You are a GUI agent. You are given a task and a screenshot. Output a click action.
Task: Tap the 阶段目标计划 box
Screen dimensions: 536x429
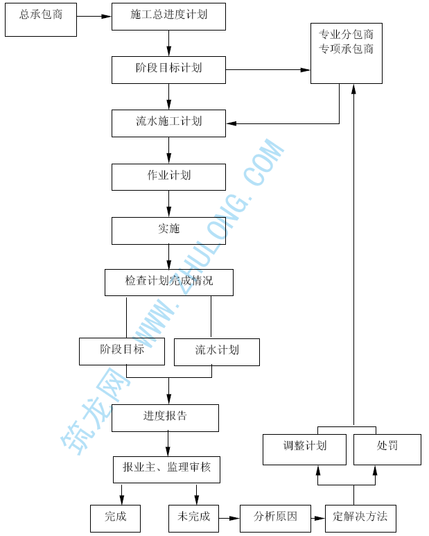coord(168,69)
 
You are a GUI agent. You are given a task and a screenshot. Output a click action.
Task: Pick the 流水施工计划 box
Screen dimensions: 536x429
coord(168,123)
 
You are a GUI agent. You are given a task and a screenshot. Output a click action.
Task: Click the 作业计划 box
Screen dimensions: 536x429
coord(168,176)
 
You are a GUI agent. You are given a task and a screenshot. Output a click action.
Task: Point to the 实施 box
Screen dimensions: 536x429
coord(168,230)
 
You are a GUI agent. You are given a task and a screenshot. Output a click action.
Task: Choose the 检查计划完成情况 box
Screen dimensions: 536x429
coord(168,282)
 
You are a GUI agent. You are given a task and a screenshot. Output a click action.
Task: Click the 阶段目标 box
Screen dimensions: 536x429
coord(122,351)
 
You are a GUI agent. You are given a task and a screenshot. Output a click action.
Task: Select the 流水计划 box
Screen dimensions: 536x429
coord(216,352)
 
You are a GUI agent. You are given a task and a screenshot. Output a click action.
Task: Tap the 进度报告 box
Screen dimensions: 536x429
coord(165,417)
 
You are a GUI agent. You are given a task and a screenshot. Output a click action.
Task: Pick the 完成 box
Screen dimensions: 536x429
coord(115,518)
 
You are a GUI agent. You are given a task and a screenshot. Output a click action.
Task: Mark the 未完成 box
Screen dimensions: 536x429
coord(193,518)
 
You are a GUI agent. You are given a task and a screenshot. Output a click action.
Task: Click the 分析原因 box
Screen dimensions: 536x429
coord(275,518)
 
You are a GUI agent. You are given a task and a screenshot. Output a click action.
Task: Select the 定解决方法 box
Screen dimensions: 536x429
coord(360,518)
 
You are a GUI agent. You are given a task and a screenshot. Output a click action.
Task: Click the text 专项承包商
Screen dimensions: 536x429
coord(346,49)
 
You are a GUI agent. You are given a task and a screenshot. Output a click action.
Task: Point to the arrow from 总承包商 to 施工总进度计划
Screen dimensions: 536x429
coord(94,16)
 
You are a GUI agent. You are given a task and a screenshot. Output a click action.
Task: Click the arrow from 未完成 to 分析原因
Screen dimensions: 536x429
coord(229,518)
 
